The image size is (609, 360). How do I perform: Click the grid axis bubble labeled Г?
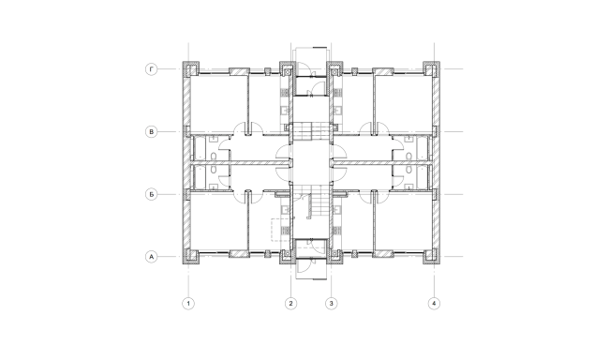(x=151, y=68)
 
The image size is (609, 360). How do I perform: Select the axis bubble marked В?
(x=151, y=131)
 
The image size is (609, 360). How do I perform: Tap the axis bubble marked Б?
(x=151, y=194)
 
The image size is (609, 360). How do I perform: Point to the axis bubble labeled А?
(x=151, y=256)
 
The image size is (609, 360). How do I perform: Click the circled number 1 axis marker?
(x=188, y=303)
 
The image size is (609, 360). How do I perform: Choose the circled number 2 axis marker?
(x=290, y=303)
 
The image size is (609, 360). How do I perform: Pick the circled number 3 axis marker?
(x=330, y=303)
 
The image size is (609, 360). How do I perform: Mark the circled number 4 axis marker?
(x=433, y=303)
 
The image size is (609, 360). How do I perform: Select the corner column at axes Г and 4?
(x=432, y=69)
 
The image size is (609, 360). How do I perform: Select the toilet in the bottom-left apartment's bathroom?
(x=215, y=171)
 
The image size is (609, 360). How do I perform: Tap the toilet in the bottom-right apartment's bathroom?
(x=408, y=171)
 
